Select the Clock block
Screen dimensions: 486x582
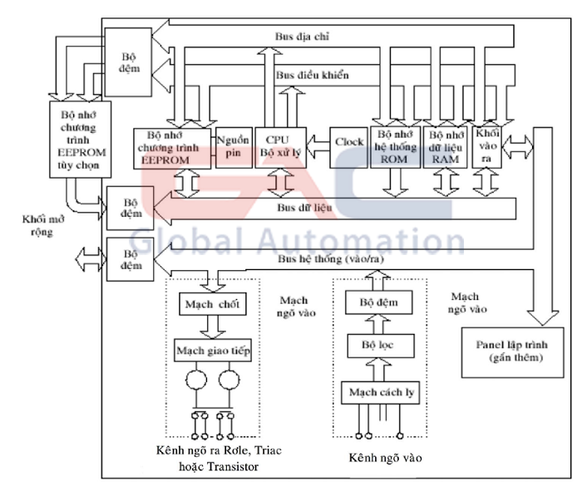pyautogui.click(x=349, y=142)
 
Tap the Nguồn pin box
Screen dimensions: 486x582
pyautogui.click(x=229, y=148)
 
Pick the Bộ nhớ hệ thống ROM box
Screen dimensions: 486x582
pyautogui.click(x=394, y=148)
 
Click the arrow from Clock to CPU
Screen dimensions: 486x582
pyautogui.click(x=318, y=142)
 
